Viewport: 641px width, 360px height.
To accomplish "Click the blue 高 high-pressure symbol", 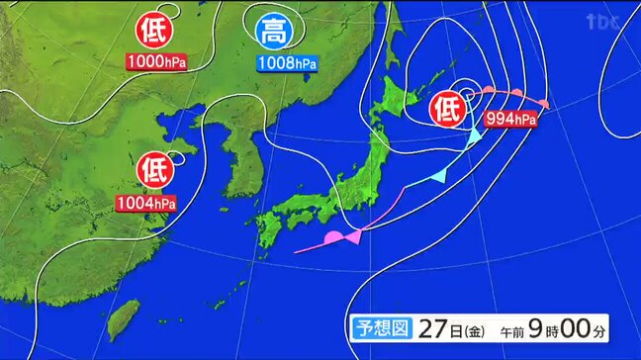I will point(273,33).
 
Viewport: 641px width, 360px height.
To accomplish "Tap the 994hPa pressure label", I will point(510,120).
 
